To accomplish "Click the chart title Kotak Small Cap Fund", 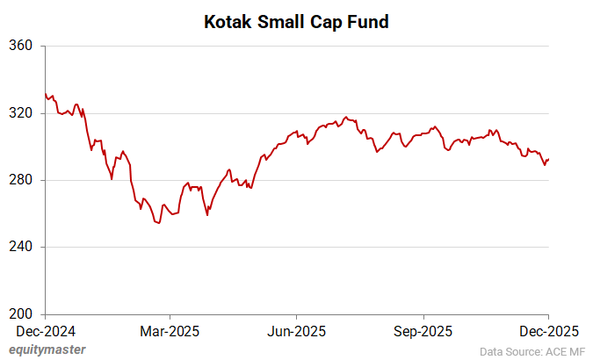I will (296, 21).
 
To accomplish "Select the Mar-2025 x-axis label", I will (170, 331).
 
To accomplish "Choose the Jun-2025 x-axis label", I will (297, 331).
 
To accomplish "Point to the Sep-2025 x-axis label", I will (423, 331).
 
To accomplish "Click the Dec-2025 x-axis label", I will (548, 331).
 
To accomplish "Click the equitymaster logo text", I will (47, 349).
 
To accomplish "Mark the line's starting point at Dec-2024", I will (45, 94).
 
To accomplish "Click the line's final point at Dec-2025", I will (549, 159).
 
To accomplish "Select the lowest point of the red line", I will (158, 223).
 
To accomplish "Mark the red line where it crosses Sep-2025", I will (423, 133).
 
